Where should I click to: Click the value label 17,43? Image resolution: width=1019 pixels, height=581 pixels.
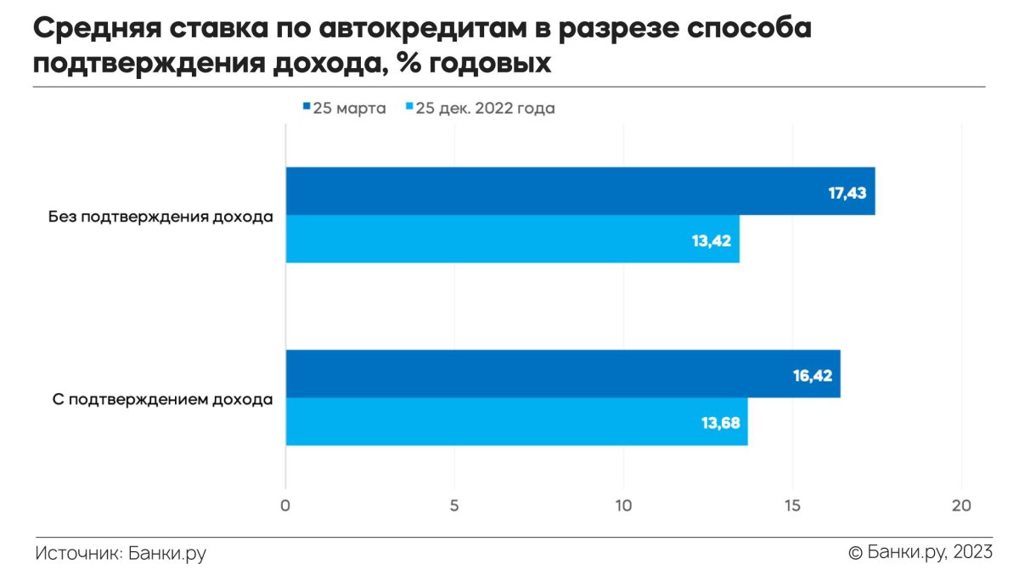click(x=847, y=193)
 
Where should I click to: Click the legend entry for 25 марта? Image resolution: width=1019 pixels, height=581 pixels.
click(x=344, y=109)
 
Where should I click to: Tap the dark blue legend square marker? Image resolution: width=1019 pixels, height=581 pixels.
click(x=306, y=108)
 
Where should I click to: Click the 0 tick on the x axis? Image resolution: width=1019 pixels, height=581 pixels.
click(x=285, y=506)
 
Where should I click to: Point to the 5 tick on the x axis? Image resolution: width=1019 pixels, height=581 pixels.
click(x=454, y=506)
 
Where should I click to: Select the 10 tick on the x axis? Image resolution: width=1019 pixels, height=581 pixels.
click(x=623, y=506)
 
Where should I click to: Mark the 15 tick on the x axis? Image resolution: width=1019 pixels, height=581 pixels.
click(x=792, y=506)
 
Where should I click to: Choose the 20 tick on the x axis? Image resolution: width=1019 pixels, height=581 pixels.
click(x=961, y=506)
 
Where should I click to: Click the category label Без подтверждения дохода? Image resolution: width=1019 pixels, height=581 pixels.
click(x=160, y=217)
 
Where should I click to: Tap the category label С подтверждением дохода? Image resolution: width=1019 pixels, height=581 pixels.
click(x=162, y=399)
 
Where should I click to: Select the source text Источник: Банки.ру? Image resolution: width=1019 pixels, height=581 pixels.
click(x=121, y=554)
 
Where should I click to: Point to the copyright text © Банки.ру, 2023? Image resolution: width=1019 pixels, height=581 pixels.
click(x=920, y=553)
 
